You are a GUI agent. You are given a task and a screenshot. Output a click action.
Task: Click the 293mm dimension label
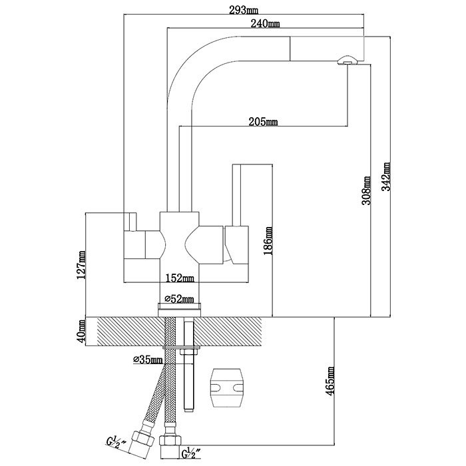[244, 11]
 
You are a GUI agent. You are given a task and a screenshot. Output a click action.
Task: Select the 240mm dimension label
[265, 23]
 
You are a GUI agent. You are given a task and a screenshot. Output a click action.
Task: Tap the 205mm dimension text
[263, 122]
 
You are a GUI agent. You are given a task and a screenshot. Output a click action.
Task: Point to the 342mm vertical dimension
[385, 176]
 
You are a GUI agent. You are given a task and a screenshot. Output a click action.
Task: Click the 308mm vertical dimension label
[366, 190]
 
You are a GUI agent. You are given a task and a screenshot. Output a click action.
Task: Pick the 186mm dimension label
[268, 241]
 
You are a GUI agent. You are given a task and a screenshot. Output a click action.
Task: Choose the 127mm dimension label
[81, 264]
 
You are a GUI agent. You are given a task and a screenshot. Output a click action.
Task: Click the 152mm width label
[180, 278]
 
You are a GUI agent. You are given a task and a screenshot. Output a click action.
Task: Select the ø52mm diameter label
[179, 299]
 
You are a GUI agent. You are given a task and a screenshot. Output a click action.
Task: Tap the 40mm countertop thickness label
[81, 332]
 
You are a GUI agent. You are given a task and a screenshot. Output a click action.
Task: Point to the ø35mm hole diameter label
[148, 360]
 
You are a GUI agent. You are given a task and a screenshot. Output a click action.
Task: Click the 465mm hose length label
[330, 381]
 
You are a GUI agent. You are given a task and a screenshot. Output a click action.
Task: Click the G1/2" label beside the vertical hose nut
[191, 453]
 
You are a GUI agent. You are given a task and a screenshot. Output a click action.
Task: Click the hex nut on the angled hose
[142, 439]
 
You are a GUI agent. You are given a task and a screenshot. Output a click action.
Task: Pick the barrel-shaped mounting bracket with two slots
[227, 388]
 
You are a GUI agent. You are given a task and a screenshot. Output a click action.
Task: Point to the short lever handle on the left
[133, 222]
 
